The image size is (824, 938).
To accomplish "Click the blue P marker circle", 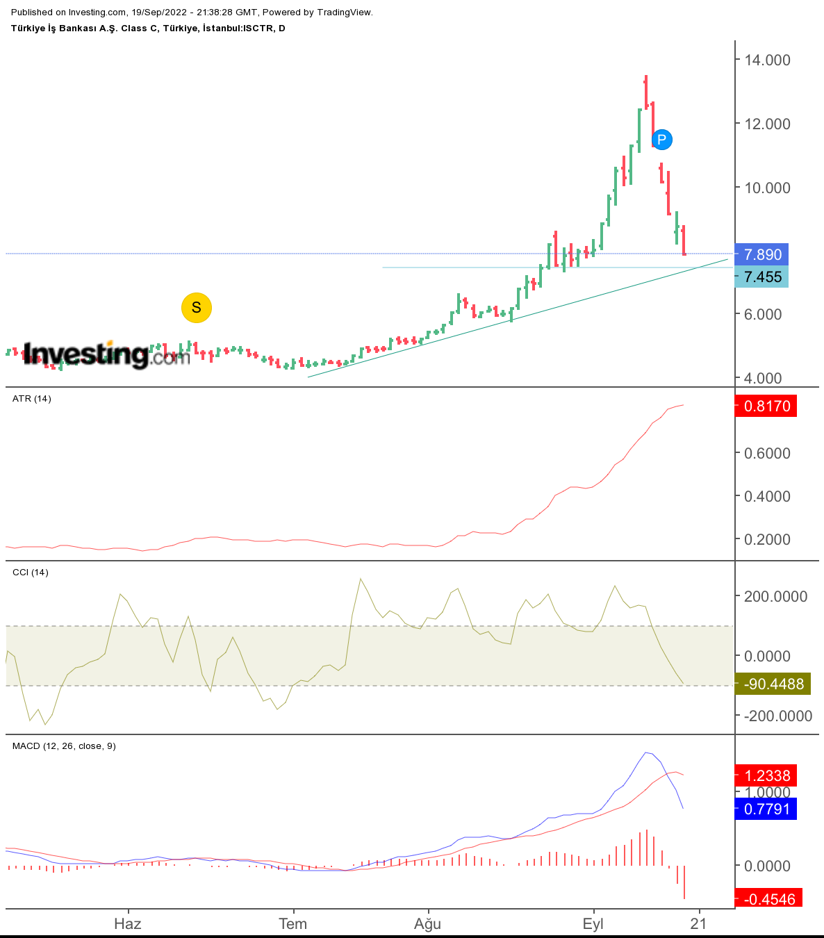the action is click(x=661, y=140).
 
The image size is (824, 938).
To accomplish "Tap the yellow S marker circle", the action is click(x=197, y=307).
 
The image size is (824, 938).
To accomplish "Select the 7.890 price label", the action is click(x=761, y=254).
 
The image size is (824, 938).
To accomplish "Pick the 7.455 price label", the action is click(x=761, y=277).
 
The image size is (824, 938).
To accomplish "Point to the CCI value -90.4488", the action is click(x=773, y=684).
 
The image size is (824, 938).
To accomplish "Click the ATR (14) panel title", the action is click(x=31, y=399).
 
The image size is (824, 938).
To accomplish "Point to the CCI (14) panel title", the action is click(x=30, y=573).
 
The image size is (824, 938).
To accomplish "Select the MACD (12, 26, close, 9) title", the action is click(x=64, y=746).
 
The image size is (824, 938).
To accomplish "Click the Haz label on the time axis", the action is click(x=128, y=923).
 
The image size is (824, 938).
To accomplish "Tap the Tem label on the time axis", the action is click(x=292, y=923).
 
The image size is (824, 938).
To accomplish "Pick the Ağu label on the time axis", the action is click(x=427, y=923).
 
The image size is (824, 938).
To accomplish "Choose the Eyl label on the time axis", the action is click(x=593, y=923).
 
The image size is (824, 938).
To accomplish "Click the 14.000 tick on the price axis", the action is click(x=767, y=60).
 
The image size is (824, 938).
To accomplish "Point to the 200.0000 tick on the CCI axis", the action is click(x=775, y=596).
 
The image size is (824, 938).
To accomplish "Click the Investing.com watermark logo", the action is click(x=106, y=354).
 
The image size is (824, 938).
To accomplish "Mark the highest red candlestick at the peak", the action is click(x=645, y=92).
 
